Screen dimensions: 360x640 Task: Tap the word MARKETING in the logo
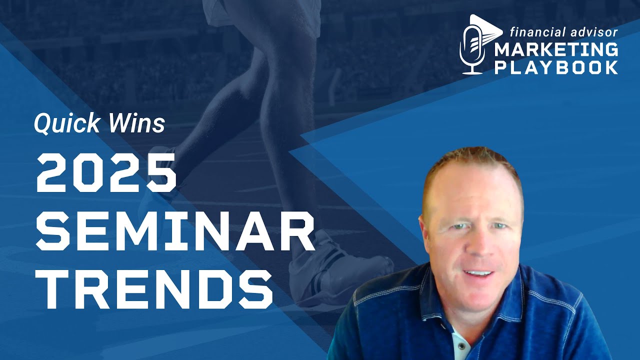556,51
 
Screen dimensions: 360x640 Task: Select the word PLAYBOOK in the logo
556,67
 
